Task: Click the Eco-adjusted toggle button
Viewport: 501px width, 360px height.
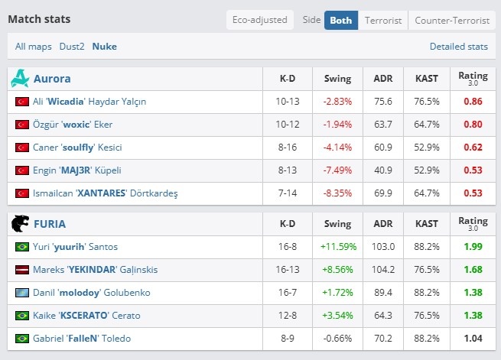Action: [260, 20]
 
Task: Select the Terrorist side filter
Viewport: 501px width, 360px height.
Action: [383, 21]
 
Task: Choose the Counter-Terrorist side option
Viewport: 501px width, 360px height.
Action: [452, 21]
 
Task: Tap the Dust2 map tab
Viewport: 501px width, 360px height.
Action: [72, 47]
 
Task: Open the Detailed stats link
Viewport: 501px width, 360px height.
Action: [458, 47]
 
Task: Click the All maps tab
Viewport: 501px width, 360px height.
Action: [33, 47]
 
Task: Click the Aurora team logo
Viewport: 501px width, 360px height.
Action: [20, 78]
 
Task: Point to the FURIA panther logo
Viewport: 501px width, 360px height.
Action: [20, 223]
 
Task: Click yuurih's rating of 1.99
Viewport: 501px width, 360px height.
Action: [473, 247]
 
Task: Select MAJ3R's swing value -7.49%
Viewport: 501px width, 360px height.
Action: [337, 170]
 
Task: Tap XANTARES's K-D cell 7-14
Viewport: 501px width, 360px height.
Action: [288, 193]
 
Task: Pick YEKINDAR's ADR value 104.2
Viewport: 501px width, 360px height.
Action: [383, 270]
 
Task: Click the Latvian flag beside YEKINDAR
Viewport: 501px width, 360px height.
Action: [22, 270]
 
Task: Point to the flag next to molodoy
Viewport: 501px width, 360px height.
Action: [22, 293]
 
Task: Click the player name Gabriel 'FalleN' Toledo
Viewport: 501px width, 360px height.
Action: [82, 339]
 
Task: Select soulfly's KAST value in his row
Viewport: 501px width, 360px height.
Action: [427, 147]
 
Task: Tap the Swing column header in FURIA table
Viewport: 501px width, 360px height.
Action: [337, 224]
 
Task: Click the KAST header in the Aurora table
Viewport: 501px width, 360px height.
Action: [427, 79]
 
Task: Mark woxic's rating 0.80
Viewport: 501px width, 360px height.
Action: [473, 124]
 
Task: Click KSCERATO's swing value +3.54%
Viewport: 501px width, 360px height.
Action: [337, 316]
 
